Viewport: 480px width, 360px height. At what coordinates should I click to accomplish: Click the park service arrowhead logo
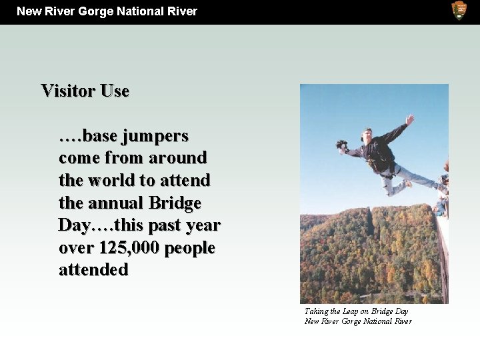(x=459, y=10)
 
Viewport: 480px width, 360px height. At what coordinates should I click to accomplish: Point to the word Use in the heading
(x=115, y=91)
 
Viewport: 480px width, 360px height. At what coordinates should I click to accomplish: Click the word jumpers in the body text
(x=156, y=136)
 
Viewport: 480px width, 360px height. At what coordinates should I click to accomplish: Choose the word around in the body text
(x=178, y=158)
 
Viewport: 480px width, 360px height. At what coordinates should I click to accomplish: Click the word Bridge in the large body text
(x=177, y=203)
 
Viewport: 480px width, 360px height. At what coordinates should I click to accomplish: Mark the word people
(x=190, y=248)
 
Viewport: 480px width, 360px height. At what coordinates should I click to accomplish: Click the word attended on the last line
(x=93, y=270)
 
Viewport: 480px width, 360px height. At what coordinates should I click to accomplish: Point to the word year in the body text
(x=203, y=225)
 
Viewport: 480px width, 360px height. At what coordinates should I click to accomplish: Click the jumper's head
(x=367, y=134)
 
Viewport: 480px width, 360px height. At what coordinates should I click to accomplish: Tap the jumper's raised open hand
(x=409, y=120)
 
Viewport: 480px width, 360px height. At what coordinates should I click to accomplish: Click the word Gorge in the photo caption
(x=353, y=321)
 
